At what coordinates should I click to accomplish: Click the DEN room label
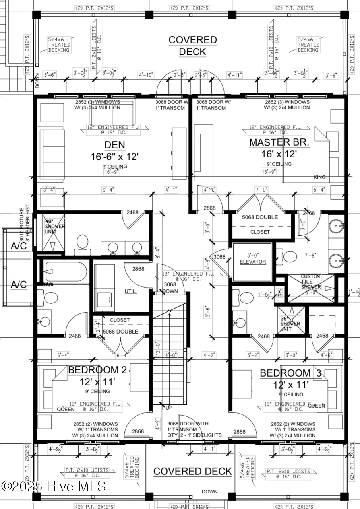coord(114,145)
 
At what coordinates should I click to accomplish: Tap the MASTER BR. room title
coord(285,142)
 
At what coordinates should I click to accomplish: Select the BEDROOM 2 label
coord(97,370)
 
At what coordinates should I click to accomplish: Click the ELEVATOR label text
coord(253,262)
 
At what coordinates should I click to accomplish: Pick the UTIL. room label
coord(131,291)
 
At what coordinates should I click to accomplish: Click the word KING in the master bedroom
coord(320,177)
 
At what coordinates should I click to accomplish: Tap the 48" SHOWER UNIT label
coord(55,226)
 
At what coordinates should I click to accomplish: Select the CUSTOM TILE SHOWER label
coord(311,282)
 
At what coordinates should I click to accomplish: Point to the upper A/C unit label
coord(19,246)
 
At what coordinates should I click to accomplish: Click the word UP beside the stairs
coord(168,408)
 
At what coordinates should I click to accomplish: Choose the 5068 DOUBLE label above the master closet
coord(260,217)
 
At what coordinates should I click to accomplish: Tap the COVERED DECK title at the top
coord(193,46)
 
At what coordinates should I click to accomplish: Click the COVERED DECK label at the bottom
coord(193,471)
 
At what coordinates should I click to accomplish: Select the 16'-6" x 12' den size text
coord(114,157)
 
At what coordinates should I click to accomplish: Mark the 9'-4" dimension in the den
coord(108,190)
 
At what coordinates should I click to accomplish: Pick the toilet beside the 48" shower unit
coord(82,243)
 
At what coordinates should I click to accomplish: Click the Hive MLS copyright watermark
coord(54,486)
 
